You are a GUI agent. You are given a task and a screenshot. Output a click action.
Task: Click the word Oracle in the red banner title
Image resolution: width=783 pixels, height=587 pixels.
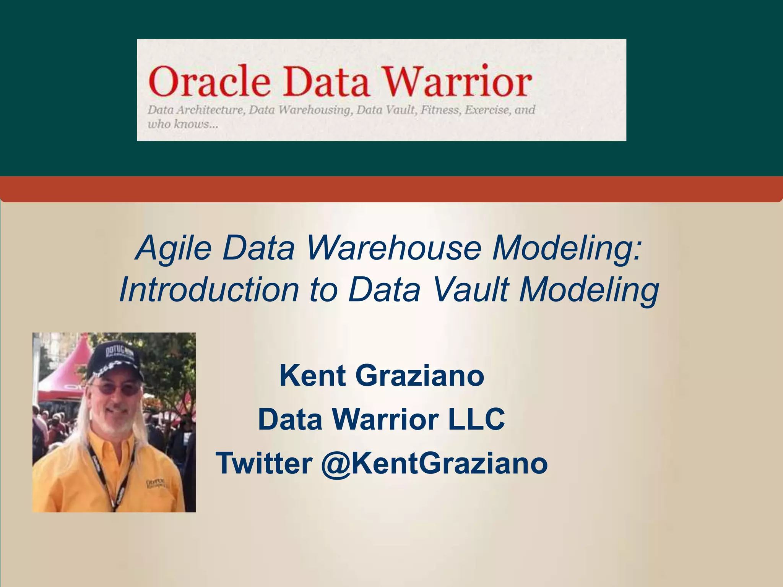click(210, 81)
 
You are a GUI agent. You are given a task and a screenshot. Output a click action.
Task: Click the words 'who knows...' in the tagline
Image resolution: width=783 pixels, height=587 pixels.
click(183, 124)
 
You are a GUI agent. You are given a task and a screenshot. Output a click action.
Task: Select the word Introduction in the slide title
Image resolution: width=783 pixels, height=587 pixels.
click(209, 289)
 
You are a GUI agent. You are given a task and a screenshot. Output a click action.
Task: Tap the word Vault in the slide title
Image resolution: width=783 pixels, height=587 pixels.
click(471, 289)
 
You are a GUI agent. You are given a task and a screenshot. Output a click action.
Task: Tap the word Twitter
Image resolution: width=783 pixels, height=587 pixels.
click(264, 463)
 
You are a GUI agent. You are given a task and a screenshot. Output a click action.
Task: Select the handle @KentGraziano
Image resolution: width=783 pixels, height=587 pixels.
click(434, 463)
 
